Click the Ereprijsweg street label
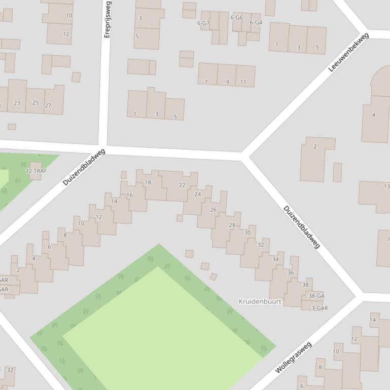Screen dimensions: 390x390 point(108,19)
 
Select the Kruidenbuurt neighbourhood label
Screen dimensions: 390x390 point(260,301)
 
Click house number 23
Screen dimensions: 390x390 point(17,103)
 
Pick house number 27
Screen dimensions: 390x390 point(48,105)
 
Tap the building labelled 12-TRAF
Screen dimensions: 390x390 point(36,171)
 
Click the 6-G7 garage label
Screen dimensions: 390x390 point(203,23)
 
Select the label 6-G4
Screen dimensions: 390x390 point(256,22)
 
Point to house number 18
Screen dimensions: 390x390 point(148,182)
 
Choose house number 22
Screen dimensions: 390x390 point(182,185)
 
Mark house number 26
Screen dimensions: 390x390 point(213,210)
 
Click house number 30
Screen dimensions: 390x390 point(247,232)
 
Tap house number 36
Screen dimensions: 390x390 point(291,272)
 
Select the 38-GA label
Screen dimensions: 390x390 point(316,296)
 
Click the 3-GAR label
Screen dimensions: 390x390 point(320,308)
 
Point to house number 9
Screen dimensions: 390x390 point(228,82)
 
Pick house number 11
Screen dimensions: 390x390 point(243,82)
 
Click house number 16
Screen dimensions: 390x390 point(129,195)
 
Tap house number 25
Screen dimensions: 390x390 point(36,103)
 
